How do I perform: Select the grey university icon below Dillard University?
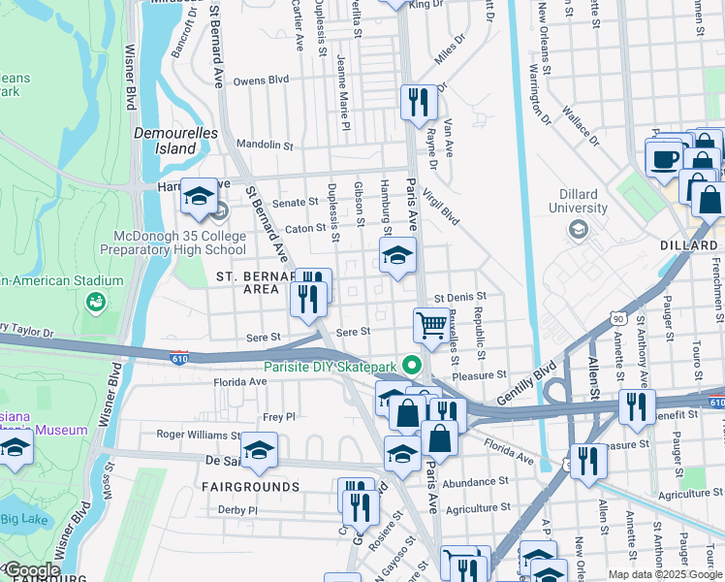coord(579,229)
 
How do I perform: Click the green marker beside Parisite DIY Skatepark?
coord(412,367)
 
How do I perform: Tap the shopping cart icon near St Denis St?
coord(430,325)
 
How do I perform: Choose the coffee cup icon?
coord(665,157)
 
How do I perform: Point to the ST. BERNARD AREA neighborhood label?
coord(254,282)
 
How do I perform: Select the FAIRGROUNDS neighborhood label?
coord(251,486)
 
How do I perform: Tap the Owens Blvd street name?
coord(261,81)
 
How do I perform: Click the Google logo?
coord(31,570)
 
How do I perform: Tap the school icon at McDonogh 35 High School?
coord(198,197)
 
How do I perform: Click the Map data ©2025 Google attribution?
coord(664,574)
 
